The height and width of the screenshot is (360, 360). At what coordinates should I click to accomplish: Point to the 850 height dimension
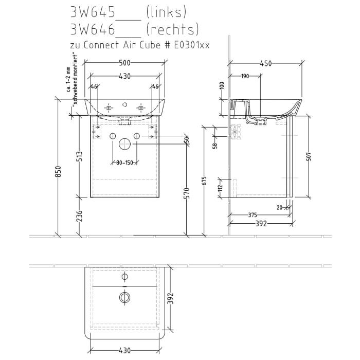pos(58,172)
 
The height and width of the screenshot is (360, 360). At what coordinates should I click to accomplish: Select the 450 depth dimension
pos(265,64)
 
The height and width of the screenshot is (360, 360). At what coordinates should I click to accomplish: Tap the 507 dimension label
pos(309,156)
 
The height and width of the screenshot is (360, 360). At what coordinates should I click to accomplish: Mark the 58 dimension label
pos(216,146)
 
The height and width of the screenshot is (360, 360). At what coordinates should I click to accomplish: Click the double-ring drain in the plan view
pos(124,297)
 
